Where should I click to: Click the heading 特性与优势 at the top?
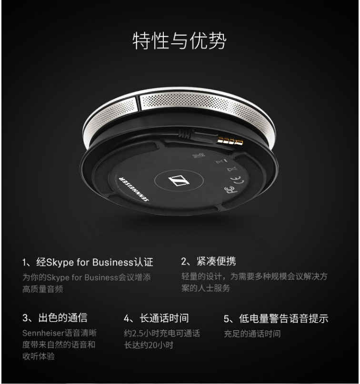(179, 41)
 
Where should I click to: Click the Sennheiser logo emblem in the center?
(179, 180)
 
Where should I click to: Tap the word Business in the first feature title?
(113, 262)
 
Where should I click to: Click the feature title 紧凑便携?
(216, 261)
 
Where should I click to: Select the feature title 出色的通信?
(63, 318)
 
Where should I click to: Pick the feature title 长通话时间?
(164, 318)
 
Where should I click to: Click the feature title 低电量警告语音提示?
(283, 318)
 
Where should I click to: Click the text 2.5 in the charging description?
(138, 334)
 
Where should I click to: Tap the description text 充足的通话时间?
(252, 334)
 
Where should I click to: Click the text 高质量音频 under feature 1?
(43, 289)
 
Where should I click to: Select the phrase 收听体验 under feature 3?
(39, 356)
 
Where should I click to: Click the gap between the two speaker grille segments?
(138, 103)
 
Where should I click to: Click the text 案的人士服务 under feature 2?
(206, 288)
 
